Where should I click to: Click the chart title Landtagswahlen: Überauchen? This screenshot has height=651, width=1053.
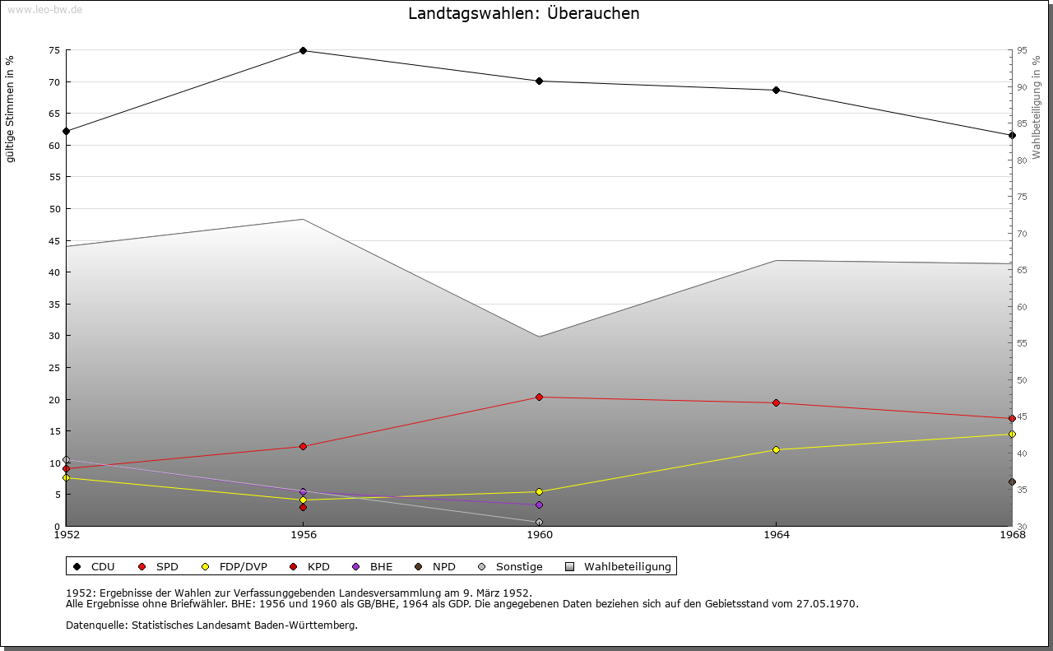point(523,14)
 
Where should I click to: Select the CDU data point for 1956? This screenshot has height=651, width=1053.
point(303,51)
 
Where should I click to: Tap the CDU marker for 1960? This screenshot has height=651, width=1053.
point(539,81)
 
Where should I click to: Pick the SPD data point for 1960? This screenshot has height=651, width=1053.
point(539,398)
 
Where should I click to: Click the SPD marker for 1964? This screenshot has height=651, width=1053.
point(776,403)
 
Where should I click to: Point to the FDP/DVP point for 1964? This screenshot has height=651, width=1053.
point(776,450)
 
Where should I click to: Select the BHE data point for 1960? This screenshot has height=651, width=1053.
point(539,505)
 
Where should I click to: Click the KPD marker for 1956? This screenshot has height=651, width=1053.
point(303,508)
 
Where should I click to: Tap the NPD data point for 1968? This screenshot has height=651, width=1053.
point(1012,482)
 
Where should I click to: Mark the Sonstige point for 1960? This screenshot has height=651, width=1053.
point(539,523)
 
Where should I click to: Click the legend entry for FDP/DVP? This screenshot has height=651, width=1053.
point(234,567)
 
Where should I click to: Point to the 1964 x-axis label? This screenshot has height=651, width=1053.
point(776,536)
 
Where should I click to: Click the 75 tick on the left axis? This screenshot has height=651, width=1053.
point(53,50)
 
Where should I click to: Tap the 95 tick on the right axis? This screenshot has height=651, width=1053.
point(1021,50)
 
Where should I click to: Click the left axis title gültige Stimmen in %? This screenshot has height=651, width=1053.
point(11,109)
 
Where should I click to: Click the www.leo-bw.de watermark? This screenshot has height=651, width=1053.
point(44,9)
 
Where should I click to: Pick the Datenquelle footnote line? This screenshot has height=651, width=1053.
point(211,625)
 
